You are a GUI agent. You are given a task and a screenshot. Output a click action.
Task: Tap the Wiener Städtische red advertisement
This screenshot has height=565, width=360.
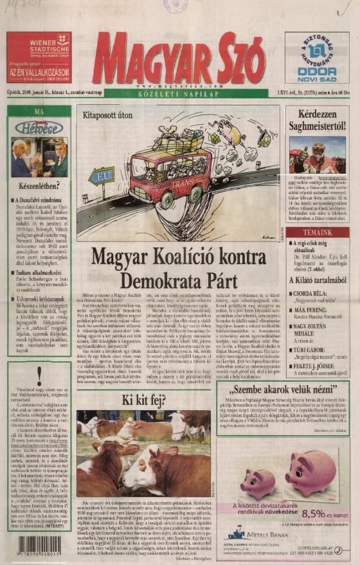[39, 58]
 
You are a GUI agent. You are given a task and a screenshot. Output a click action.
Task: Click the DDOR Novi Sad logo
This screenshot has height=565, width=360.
[316, 58]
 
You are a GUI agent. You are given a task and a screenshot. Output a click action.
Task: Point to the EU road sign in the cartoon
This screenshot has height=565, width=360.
[102, 175]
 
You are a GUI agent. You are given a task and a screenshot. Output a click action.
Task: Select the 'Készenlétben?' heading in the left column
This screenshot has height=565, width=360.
[39, 190]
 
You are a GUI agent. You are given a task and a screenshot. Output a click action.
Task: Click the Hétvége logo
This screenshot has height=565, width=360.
[39, 127]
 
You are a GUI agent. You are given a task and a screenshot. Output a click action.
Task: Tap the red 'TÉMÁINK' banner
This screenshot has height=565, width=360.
[318, 233]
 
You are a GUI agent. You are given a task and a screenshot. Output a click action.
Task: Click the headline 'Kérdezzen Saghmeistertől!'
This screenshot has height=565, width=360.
[318, 120]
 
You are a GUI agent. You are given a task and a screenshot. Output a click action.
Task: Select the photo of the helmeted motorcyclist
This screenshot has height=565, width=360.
[318, 155]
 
